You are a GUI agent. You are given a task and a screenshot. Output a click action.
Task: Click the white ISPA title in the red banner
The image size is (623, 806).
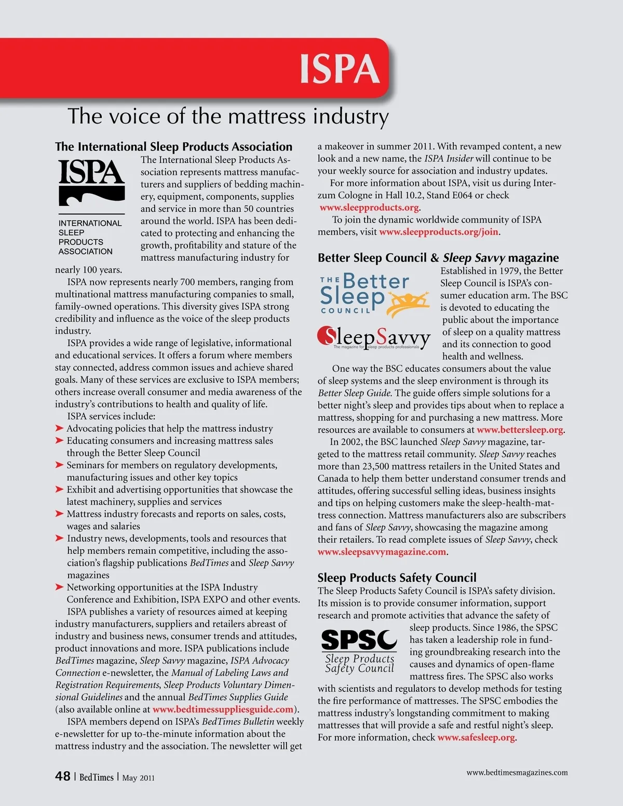(x=340, y=69)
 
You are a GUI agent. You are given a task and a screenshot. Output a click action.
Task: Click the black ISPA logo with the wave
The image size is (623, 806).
(x=91, y=182)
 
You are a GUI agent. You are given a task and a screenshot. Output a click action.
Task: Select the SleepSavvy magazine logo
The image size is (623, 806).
(x=374, y=337)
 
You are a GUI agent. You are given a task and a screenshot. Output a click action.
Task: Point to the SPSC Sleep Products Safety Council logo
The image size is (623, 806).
(x=359, y=651)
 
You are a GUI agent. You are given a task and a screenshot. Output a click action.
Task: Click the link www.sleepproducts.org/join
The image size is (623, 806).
(x=439, y=232)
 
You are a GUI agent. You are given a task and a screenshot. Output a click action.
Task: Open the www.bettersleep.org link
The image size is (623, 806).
(x=520, y=430)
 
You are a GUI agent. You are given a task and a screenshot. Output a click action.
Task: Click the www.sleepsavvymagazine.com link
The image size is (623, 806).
(x=382, y=552)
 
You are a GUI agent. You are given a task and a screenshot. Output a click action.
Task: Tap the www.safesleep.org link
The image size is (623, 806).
(x=476, y=737)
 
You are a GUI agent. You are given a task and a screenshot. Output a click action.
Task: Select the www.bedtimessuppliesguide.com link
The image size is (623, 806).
(x=223, y=709)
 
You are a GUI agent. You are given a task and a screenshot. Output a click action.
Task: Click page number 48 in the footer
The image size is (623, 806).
(x=63, y=776)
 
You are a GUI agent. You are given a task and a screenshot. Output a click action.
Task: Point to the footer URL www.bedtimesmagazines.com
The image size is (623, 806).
(x=517, y=772)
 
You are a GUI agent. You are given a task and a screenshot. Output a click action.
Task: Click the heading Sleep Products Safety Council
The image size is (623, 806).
(x=397, y=578)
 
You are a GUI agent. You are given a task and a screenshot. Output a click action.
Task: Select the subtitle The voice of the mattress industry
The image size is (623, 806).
(x=228, y=116)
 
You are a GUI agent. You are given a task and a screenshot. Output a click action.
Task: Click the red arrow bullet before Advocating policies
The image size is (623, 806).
(x=60, y=429)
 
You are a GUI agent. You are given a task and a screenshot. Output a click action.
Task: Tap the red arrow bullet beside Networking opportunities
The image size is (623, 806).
(x=60, y=588)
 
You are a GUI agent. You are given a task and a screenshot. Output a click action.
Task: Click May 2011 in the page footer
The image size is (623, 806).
(x=138, y=778)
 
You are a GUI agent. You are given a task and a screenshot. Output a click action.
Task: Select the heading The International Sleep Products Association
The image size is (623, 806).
(x=174, y=146)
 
